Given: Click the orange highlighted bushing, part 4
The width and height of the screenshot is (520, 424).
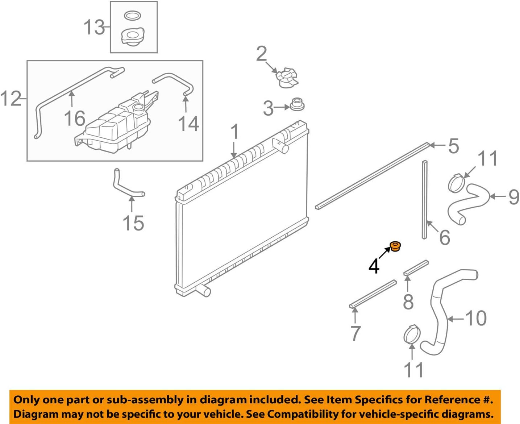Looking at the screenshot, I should pos(395,247).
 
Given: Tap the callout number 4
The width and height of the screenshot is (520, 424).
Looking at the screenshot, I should pos(374,266).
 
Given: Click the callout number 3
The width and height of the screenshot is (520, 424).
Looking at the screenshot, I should pos(268,108).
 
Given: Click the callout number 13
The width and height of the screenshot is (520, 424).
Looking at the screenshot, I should pos(94,28).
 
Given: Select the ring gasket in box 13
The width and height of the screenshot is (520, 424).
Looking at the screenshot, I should pos(133,16).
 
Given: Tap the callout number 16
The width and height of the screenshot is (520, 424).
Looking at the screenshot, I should pos(75,119).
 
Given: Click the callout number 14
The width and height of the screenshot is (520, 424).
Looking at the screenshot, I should pos(188,124).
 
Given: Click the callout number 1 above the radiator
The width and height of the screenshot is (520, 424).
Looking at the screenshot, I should pos(235,132).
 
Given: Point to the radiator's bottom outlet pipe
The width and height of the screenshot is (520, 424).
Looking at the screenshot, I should pos(203,290).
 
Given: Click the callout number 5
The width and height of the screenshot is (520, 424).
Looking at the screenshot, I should pos(453,146).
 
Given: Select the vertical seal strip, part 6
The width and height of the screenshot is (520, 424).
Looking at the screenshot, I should pos(425,199).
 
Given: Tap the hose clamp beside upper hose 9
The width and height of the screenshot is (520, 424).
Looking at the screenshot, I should pos(456,183).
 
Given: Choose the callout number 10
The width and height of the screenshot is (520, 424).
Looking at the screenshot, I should pos(476,319).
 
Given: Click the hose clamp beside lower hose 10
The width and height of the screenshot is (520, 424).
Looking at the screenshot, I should pos(411,334).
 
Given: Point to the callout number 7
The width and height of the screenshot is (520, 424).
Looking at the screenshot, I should pos(355,333).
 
